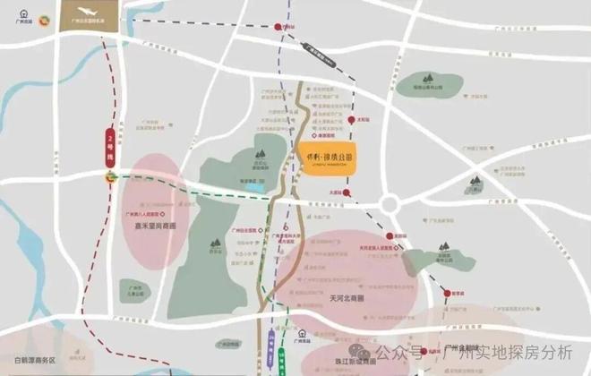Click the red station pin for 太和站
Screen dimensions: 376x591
coord(348,120)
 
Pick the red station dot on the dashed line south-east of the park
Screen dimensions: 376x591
coord(446,291)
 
